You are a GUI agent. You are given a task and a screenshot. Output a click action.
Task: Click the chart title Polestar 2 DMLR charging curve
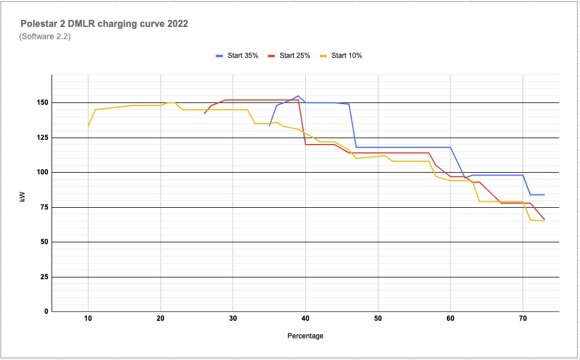(x=104, y=25)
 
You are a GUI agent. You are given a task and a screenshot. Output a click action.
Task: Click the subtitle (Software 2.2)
(x=45, y=37)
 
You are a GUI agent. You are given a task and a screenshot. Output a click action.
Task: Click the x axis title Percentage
(x=305, y=336)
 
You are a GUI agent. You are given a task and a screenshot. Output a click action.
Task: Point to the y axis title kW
(x=22, y=197)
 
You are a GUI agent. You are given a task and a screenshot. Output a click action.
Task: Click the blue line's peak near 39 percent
(x=298, y=95)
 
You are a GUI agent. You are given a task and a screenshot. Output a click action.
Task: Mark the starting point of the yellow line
(x=88, y=126)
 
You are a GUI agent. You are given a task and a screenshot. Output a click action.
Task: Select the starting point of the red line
(x=204, y=114)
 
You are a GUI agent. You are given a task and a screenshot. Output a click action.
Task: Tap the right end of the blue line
(x=544, y=194)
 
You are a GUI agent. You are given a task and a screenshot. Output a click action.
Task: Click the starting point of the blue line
(x=269, y=126)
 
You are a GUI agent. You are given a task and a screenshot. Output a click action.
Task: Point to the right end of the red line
(x=544, y=220)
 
